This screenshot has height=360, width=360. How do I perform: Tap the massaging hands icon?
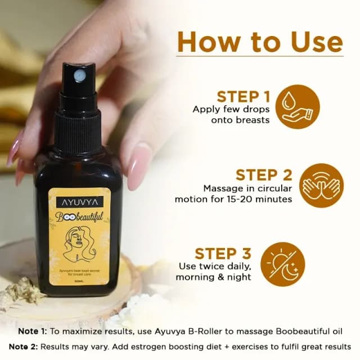pyautogui.click(x=306, y=186)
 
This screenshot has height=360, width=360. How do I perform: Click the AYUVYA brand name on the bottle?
pyautogui.click(x=78, y=201)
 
